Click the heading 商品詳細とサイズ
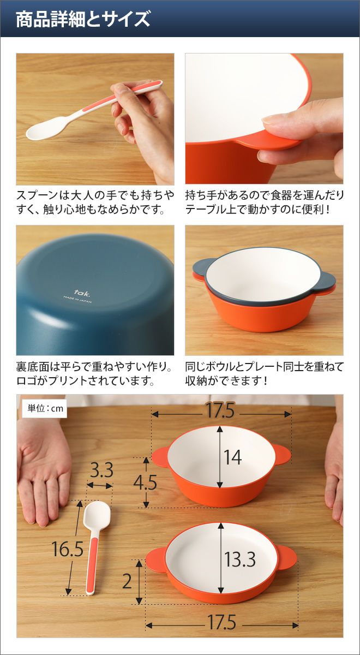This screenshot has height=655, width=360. (83, 19)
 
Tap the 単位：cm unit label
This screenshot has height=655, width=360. (45, 408)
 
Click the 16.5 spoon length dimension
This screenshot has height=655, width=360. (68, 549)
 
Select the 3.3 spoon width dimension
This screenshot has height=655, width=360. (101, 471)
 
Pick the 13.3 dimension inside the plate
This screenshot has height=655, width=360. (240, 559)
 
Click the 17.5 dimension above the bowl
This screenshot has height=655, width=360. (220, 410)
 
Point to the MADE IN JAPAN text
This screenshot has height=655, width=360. (77, 300)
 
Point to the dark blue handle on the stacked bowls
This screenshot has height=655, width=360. (200, 268)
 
